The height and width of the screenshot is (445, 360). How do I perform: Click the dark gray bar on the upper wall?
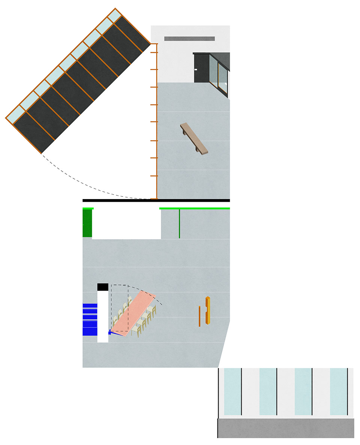tap(189, 38)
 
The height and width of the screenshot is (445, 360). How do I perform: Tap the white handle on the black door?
tap(196, 69)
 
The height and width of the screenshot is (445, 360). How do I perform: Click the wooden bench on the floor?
tap(194, 138)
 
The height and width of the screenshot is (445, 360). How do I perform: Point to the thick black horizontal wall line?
tap(156, 201)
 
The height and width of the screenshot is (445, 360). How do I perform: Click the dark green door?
tap(87, 223)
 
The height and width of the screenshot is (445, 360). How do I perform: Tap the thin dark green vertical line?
tap(179, 223)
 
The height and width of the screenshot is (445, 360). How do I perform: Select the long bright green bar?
tap(194, 208)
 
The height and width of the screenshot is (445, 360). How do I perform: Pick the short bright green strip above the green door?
tap(88, 208)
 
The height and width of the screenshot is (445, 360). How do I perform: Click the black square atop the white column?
tap(103, 287)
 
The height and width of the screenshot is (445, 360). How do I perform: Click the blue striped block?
tap(90, 320)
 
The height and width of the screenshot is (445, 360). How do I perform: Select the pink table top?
tap(134, 312)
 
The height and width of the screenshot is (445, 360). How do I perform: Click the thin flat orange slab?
tap(200, 316)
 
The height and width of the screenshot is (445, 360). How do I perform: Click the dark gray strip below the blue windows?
tap(286, 428)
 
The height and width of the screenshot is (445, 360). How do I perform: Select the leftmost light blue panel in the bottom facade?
tap(232, 391)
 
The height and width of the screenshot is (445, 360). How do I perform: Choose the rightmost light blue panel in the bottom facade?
tap(339, 391)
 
